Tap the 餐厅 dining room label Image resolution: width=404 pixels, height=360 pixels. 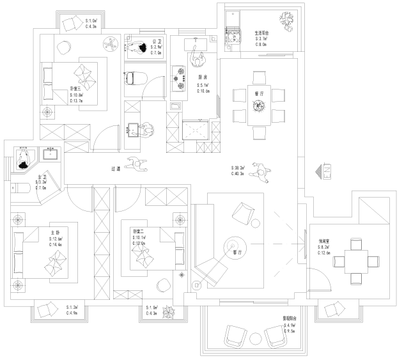coord(259,93)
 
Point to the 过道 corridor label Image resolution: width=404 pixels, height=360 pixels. coord(116,169)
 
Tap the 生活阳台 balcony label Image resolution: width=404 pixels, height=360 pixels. coord(261,33)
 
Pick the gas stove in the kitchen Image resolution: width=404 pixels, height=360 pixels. coord(177,77)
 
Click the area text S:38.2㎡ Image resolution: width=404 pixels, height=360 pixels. coord(240,168)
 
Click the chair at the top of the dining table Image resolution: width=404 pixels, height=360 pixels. coord(259,78)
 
